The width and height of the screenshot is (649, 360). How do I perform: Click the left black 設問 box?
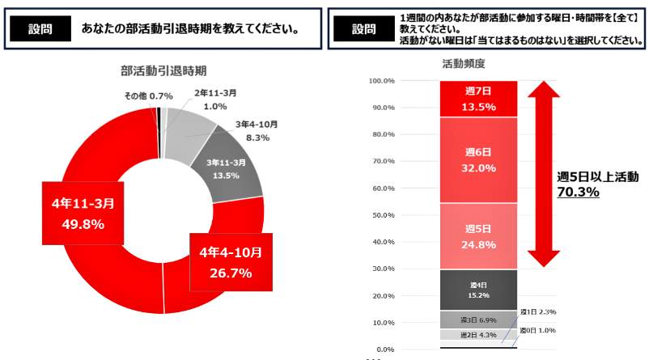39,28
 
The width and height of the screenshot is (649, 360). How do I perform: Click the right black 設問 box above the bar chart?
363,28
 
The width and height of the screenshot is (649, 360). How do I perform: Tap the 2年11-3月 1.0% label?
215,100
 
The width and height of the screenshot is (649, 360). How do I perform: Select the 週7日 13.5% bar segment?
479,99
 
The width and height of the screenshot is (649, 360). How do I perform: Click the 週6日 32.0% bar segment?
479,160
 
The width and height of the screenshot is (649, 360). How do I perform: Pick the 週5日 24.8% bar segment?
479,236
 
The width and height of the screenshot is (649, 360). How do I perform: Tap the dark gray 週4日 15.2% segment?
479,290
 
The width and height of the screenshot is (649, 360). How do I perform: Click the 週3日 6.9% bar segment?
479,320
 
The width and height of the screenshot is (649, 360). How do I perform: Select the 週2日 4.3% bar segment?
479,334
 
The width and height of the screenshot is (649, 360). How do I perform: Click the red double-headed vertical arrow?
543,175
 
